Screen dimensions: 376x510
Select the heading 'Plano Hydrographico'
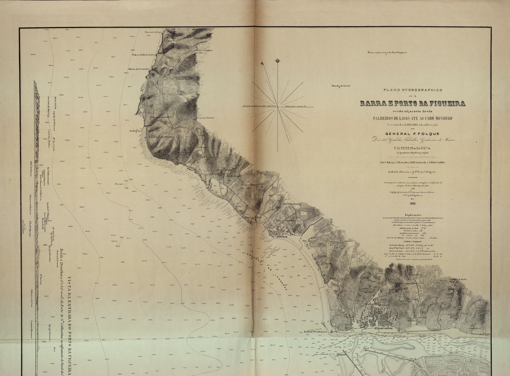(413, 90)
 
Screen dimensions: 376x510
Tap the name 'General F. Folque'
(413, 134)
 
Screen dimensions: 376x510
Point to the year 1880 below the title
(413, 203)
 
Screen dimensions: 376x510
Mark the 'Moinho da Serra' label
(341, 86)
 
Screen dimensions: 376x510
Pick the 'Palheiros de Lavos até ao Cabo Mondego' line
(413, 118)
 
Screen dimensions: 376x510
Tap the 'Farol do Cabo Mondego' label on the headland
(161, 136)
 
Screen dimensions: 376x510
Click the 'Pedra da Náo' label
(136, 130)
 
